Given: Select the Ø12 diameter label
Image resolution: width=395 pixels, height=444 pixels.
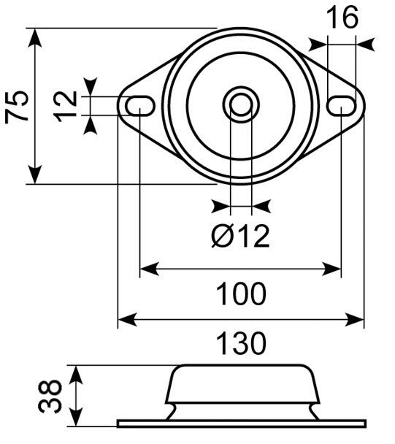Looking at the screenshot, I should tap(241, 235).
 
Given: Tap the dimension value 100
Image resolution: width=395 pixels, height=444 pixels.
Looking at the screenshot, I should tap(241, 294).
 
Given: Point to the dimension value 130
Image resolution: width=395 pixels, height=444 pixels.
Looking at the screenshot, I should tap(241, 342).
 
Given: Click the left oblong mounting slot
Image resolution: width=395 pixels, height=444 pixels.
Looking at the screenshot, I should tap(139, 106).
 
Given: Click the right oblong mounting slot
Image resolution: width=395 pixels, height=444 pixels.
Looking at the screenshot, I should tap(341, 106).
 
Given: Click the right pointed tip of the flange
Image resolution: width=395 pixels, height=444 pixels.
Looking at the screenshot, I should tap(362, 106).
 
